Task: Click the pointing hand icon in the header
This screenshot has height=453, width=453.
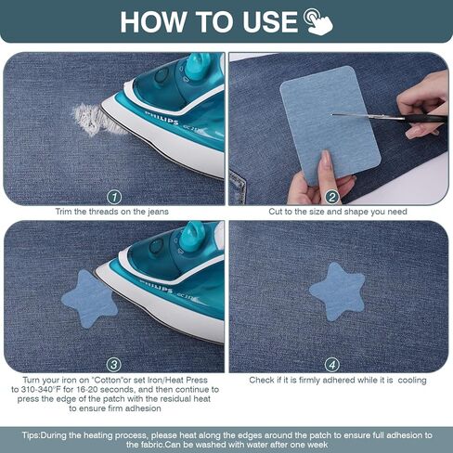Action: click(x=318, y=21)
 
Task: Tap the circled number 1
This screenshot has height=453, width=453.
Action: click(x=114, y=198)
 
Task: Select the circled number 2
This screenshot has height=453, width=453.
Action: click(x=332, y=197)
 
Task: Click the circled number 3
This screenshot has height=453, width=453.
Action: click(x=114, y=365)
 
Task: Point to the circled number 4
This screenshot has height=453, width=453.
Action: click(x=332, y=365)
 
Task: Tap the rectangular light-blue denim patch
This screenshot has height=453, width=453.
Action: click(x=330, y=123)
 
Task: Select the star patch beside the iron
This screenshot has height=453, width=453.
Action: click(x=89, y=299)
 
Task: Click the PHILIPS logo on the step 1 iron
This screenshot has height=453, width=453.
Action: click(x=162, y=118)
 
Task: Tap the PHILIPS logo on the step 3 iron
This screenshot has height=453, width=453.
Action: click(x=156, y=286)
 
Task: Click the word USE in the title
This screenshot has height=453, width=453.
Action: click(x=270, y=22)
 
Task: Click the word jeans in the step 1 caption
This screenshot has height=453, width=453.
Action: click(x=158, y=212)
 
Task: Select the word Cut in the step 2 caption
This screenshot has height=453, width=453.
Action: click(x=275, y=212)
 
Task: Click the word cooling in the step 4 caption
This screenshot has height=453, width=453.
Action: click(x=412, y=381)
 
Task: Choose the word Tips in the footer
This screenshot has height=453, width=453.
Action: click(x=31, y=435)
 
